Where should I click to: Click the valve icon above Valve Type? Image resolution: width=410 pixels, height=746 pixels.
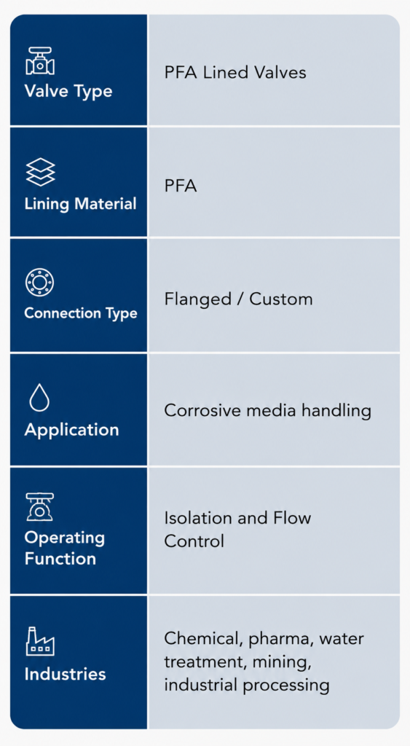tap(40, 61)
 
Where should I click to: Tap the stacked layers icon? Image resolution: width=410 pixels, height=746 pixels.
tap(40, 172)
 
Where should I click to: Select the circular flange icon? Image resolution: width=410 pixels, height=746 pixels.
tap(39, 282)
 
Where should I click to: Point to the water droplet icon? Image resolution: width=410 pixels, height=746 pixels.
tap(39, 397)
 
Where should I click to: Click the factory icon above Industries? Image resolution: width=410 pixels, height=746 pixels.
tap(40, 641)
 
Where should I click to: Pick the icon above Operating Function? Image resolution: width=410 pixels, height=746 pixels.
tap(40, 507)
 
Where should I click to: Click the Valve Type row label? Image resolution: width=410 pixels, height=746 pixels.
tap(68, 90)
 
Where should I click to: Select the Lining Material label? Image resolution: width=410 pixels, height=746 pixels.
tap(80, 204)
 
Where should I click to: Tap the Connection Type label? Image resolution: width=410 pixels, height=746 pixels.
tap(81, 313)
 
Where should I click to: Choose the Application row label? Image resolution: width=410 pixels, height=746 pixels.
tap(72, 430)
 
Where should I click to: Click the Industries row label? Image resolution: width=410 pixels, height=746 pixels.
tap(65, 674)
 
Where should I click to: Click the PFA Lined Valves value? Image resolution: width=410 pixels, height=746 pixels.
tap(235, 72)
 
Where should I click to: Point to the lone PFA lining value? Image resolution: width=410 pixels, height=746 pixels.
tap(181, 186)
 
